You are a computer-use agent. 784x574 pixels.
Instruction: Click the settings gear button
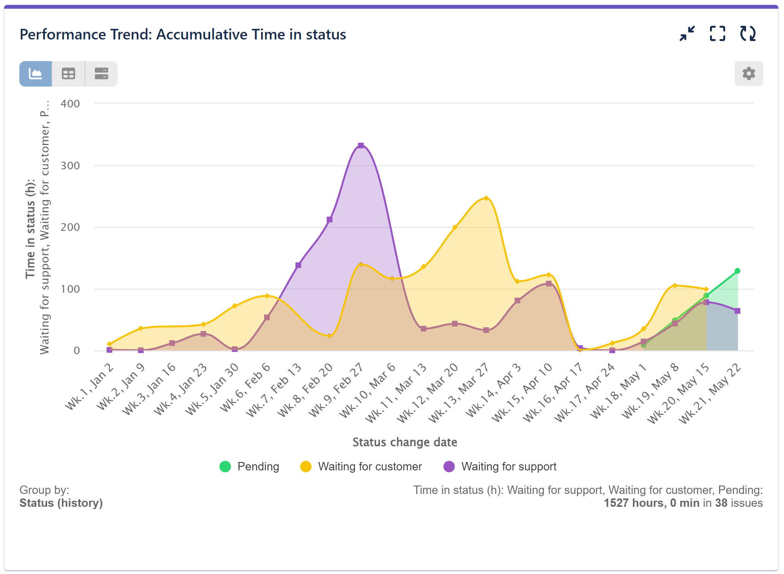(x=748, y=73)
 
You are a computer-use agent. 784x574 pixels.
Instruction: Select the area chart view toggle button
(x=36, y=74)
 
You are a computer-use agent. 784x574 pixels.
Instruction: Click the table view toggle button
(x=68, y=74)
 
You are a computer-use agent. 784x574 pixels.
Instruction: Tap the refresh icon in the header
(x=748, y=33)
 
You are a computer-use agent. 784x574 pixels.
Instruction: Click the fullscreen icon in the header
(x=717, y=33)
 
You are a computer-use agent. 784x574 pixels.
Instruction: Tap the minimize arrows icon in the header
(x=687, y=33)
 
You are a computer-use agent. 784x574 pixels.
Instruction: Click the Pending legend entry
(x=249, y=466)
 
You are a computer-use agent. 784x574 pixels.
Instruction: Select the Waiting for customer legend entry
(x=361, y=466)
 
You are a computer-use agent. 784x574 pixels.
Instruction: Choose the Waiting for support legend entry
(x=500, y=466)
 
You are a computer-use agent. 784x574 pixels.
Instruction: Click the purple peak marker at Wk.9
(x=361, y=145)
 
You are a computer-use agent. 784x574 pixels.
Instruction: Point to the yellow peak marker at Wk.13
(x=486, y=198)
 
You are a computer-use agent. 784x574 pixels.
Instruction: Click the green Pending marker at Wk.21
(x=737, y=271)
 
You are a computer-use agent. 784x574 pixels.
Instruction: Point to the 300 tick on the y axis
(x=70, y=166)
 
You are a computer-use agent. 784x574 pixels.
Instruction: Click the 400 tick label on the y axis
(x=70, y=104)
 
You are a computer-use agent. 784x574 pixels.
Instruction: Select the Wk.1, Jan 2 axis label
(x=90, y=386)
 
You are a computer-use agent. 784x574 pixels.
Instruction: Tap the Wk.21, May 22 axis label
(x=710, y=393)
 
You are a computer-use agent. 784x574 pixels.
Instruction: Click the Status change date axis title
(x=405, y=442)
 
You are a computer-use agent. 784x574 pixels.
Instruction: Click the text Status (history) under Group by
(x=61, y=503)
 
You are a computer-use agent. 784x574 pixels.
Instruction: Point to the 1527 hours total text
(x=651, y=503)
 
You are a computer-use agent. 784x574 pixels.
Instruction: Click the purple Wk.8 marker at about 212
(x=329, y=219)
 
